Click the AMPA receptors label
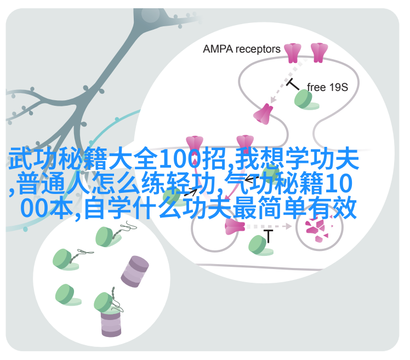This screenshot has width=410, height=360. [241, 49]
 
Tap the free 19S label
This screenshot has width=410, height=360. [327, 87]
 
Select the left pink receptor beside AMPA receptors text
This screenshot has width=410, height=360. [293, 53]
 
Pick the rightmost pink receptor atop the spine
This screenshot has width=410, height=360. [319, 53]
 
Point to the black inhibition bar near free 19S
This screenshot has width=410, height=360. [292, 84]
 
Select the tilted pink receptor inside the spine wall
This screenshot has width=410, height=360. [263, 114]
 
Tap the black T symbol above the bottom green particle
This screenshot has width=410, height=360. [268, 236]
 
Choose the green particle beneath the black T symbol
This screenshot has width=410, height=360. [260, 245]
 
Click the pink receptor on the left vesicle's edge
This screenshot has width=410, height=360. [234, 227]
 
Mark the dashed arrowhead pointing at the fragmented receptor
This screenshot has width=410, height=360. [289, 226]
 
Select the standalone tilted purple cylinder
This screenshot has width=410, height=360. [135, 272]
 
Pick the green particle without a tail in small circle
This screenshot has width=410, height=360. [67, 295]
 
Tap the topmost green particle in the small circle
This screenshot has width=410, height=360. [107, 237]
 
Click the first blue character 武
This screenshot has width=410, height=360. [20, 158]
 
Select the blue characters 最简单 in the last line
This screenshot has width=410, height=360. [269, 208]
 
